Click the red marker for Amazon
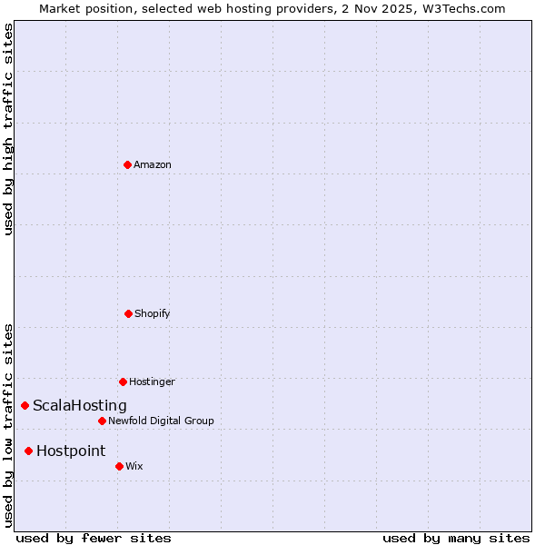point(127,164)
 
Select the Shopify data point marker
point(128,313)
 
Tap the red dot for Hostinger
point(123,381)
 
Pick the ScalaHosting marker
point(25,405)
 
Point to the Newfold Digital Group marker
point(102,421)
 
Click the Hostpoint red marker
point(28,451)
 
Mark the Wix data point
point(119,466)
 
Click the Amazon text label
point(153,164)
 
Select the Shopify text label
point(153,313)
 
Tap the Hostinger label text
point(152,381)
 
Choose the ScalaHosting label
point(80,405)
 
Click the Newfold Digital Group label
point(161,421)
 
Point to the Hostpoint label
point(71,451)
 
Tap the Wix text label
point(134,466)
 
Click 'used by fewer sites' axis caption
point(94,538)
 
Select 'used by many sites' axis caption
point(456,538)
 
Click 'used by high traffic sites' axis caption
point(8,129)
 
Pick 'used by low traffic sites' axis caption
point(8,424)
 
